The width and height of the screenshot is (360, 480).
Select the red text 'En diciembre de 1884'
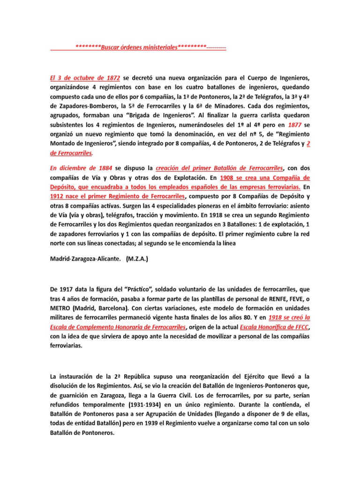tap(81, 167)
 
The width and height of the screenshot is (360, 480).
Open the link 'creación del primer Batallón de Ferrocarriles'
tap(220, 167)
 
